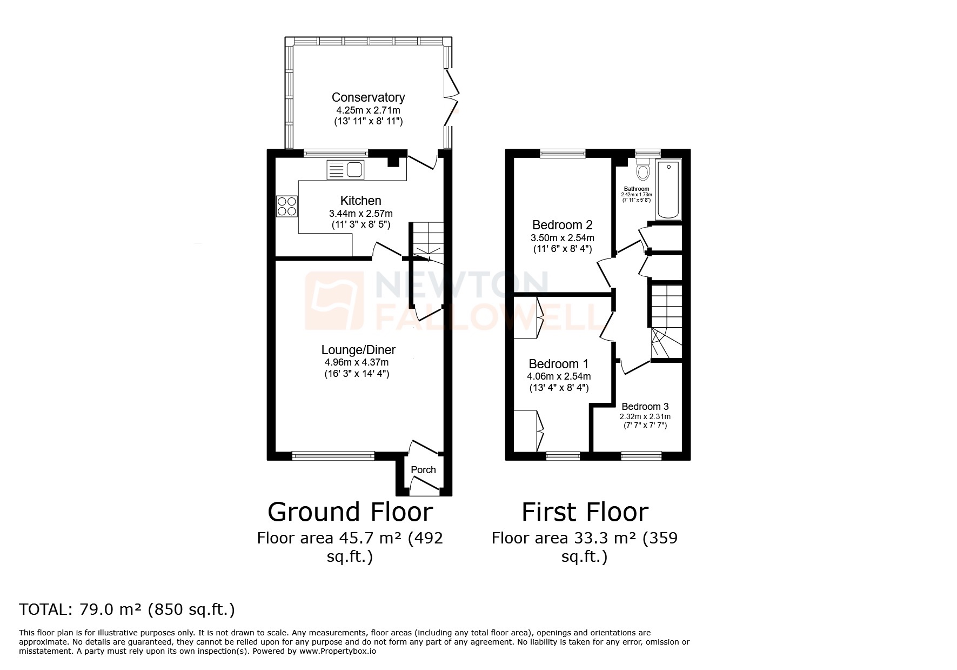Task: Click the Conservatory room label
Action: point(368,97)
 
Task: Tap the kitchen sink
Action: point(346,170)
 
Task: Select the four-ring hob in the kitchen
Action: point(287,206)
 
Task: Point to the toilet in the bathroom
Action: point(643,169)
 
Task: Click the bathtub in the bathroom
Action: point(668,189)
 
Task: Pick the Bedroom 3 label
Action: point(645,407)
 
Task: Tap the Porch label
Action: point(423,470)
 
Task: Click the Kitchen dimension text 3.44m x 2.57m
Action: point(360,214)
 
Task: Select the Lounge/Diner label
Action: point(358,350)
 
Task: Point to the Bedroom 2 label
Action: point(563,225)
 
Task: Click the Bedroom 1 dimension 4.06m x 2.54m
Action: point(559,376)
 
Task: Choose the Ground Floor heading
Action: point(350,512)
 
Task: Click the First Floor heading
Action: point(585,512)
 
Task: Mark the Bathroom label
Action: point(637,189)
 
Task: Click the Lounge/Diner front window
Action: point(333,456)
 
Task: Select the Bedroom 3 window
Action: point(641,456)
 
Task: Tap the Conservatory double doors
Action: point(451,98)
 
